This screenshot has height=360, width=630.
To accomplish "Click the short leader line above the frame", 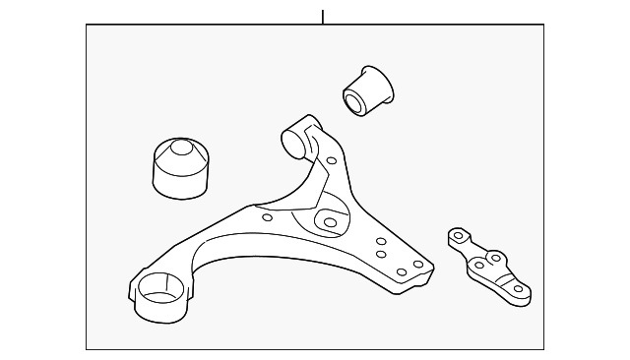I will [322, 16].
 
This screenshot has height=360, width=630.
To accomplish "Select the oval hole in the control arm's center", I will [329, 221].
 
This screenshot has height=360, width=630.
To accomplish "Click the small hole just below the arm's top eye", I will [332, 160].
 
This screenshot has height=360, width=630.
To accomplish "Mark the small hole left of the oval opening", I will [267, 217].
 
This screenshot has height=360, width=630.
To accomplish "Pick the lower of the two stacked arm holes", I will [380, 254].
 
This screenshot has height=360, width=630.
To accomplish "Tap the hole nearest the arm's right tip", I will [418, 264].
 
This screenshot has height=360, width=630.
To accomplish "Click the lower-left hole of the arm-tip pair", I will [401, 270].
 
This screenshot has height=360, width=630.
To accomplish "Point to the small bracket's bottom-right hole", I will [519, 288].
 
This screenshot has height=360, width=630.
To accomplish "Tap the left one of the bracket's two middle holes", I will [478, 266].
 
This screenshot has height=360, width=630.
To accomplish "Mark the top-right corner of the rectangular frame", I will [543, 25].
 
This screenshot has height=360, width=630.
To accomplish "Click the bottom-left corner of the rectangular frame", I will [86, 349].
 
